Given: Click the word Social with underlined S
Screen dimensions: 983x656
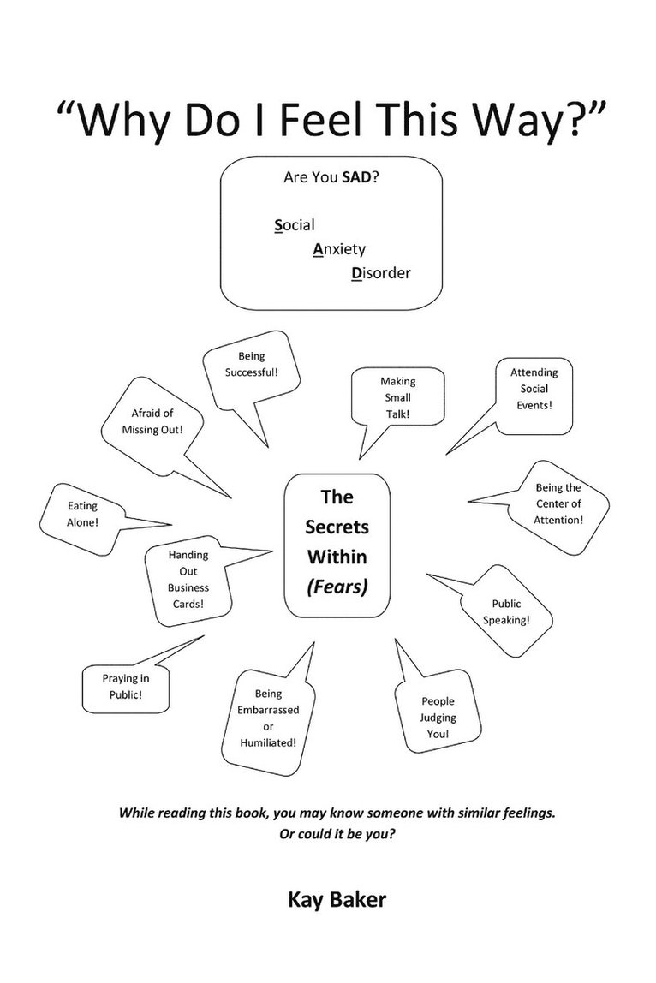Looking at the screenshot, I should (x=294, y=225).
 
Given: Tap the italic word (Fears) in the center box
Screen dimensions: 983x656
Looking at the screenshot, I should (x=337, y=587).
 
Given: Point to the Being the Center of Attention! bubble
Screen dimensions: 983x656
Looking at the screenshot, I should (x=558, y=503).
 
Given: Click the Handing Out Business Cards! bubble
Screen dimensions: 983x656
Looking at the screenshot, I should (x=188, y=578).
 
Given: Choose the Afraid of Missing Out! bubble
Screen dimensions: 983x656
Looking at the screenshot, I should (x=152, y=420).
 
